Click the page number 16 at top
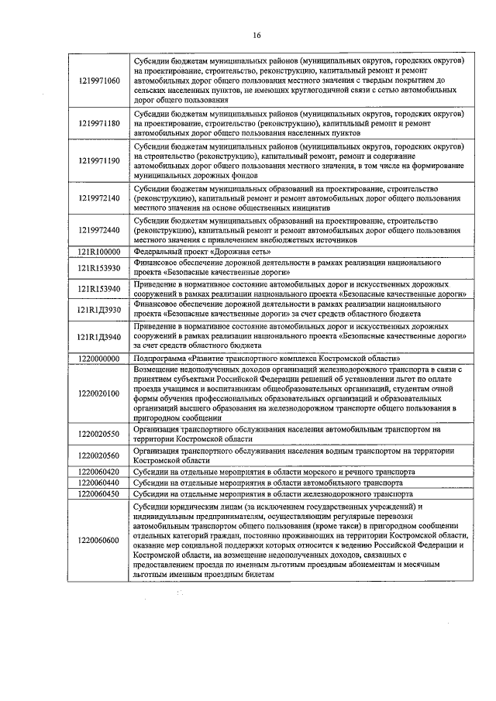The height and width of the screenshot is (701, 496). point(257,35)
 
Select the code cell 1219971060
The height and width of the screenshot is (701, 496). point(99,80)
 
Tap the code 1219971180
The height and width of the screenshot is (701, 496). point(99,123)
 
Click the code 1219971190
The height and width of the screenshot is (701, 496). point(99,160)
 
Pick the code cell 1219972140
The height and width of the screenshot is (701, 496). point(99,198)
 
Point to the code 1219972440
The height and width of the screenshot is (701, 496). point(99,230)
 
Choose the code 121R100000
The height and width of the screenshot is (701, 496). point(99,252)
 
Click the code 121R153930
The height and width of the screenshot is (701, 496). point(99,268)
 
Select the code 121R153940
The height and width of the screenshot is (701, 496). point(99,289)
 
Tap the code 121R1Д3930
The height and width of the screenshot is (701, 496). point(99,310)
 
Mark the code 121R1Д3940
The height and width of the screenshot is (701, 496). point(99,337)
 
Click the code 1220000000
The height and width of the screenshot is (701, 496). point(99,359)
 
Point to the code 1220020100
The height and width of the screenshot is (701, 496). point(99,393)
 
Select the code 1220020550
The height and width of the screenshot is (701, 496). point(99,434)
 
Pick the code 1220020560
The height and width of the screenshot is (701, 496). point(99,455)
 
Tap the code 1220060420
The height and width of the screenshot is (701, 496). point(99,471)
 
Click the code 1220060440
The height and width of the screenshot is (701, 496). point(99,483)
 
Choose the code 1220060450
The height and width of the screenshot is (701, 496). point(99,493)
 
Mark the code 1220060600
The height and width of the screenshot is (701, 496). point(99,540)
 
